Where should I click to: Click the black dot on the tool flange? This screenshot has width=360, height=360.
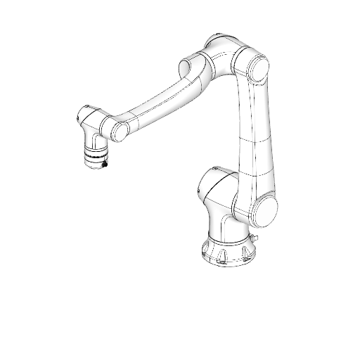pos(104,164)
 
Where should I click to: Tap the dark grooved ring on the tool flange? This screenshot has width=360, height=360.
pos(94,154)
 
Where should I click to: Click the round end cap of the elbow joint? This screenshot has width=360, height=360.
pos(257,67)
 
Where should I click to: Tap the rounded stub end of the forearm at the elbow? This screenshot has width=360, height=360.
pos(188,67)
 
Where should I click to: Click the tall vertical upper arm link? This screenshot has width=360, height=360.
pos(253,134)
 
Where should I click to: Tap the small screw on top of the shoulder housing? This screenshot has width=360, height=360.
pos(214,169)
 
